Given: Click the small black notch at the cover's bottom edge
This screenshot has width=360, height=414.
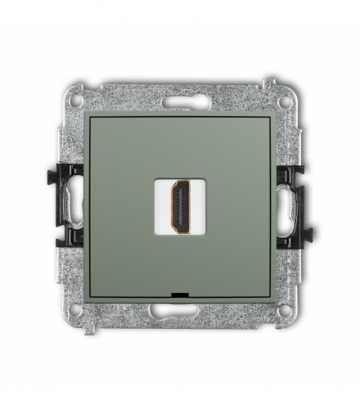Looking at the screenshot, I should click(180, 291).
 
